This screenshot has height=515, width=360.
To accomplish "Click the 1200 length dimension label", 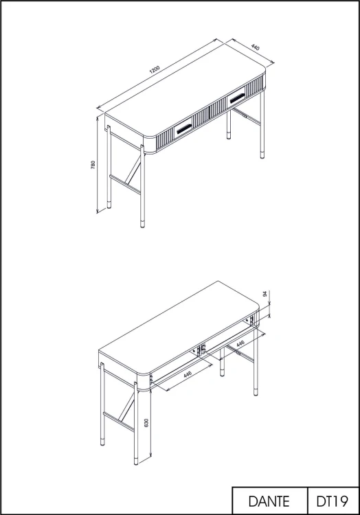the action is (155, 69).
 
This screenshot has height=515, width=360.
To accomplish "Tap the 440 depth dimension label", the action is (255, 47).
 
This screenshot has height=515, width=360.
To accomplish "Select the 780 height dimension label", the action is (93, 165).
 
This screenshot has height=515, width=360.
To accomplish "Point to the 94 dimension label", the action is (265, 294).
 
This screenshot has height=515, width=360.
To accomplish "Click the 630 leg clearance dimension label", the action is (146, 423).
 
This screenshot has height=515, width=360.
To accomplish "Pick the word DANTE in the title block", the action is (269, 501).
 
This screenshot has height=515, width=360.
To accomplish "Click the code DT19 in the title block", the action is (333, 501).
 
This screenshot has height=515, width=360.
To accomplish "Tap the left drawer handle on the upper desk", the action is (184, 129).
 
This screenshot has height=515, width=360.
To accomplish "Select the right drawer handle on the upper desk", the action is (237, 98).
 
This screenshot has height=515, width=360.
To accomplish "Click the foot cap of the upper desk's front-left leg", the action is (142, 225).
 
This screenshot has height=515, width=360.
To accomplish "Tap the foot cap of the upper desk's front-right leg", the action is (262, 155).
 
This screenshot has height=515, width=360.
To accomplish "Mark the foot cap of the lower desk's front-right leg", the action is (256, 392).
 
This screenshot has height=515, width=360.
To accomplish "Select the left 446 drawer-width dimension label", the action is (188, 374).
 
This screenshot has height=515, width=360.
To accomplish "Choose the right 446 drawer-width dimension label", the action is (240, 343).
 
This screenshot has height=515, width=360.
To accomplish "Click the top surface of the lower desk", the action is (179, 328).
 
